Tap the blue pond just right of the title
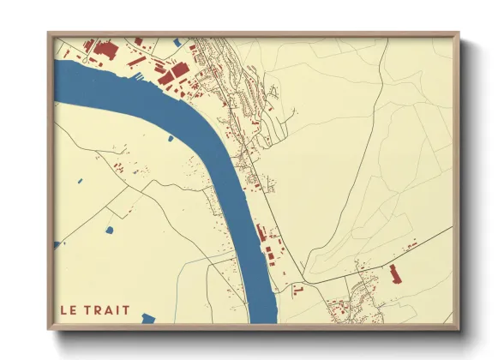[148, 318]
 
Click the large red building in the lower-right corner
[395, 273]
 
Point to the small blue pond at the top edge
[177, 41]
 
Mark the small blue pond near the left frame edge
[78, 181]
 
